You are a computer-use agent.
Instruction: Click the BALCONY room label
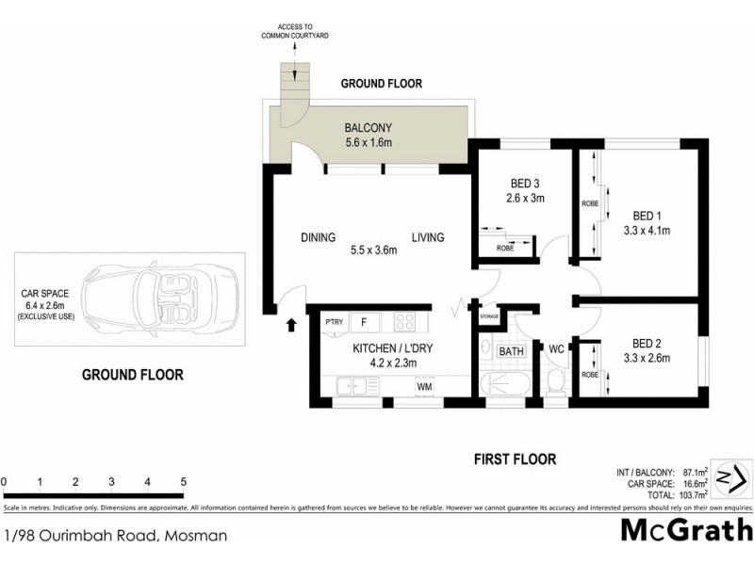click(368, 128)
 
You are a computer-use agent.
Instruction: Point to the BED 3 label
click(525, 183)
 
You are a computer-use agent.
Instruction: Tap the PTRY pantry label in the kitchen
click(333, 322)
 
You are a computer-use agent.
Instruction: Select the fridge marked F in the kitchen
click(363, 322)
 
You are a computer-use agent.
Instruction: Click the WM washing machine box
click(424, 385)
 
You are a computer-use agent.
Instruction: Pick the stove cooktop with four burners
click(405, 322)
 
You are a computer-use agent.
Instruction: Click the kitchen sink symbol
click(351, 385)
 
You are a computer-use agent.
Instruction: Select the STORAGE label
click(488, 317)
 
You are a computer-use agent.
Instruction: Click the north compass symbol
click(729, 476)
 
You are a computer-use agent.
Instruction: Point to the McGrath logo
click(686, 529)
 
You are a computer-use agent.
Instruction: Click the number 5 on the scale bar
click(183, 482)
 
